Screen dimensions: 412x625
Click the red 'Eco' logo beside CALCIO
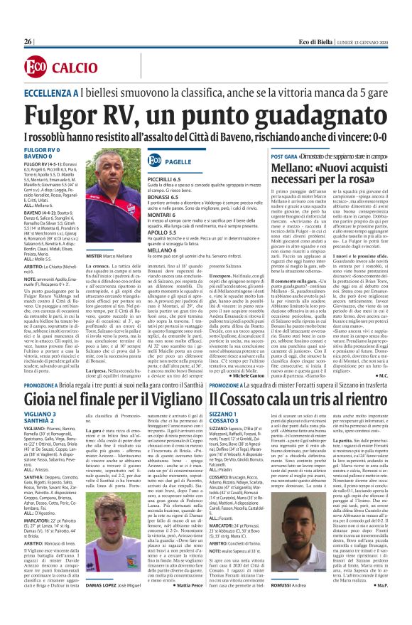click(x=35, y=67)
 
